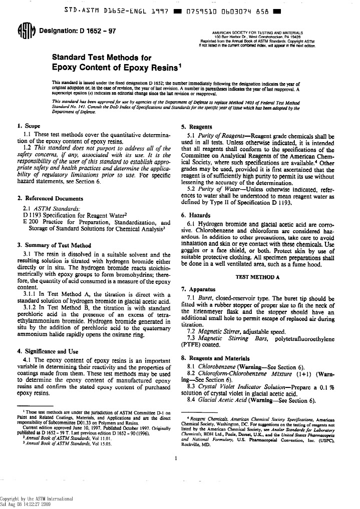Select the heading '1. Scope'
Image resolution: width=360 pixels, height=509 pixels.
tap(29, 127)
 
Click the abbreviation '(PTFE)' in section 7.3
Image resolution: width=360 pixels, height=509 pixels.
tap(193, 344)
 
